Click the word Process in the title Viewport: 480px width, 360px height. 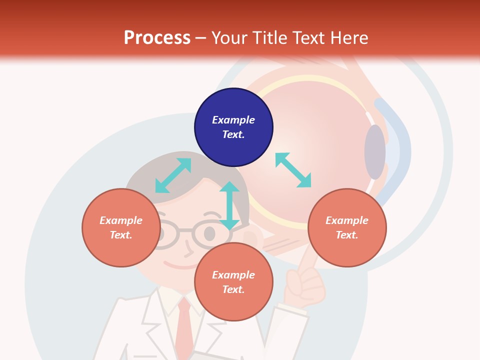[157, 38]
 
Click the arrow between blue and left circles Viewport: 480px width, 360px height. [173, 175]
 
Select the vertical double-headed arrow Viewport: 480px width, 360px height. [229, 205]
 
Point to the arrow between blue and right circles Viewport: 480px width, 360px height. [293, 170]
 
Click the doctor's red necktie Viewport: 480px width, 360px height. [184, 325]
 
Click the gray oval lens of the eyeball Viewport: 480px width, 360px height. [375, 152]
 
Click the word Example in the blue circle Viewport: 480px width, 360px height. [233, 120]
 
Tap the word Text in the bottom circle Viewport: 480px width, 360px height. [233, 289]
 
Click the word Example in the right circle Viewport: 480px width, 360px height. [347, 220]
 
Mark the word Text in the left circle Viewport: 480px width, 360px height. [121, 235]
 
